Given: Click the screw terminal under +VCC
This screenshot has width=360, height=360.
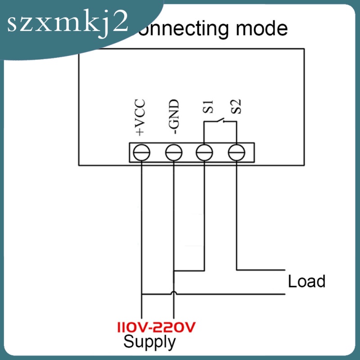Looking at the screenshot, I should [x=142, y=153].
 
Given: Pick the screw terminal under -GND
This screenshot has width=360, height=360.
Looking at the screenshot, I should [x=174, y=153].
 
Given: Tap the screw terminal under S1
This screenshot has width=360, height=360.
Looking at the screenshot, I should [x=205, y=153].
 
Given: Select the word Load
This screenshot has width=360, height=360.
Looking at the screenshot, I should [x=306, y=282].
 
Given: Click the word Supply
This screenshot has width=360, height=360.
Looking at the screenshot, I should [x=149, y=342].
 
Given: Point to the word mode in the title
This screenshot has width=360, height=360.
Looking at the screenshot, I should [x=263, y=28].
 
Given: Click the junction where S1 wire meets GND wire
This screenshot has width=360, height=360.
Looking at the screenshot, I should [x=174, y=271].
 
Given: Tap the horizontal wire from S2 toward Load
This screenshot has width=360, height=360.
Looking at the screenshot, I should [x=261, y=270].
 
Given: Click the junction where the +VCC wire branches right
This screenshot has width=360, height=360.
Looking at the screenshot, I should [x=142, y=295].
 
